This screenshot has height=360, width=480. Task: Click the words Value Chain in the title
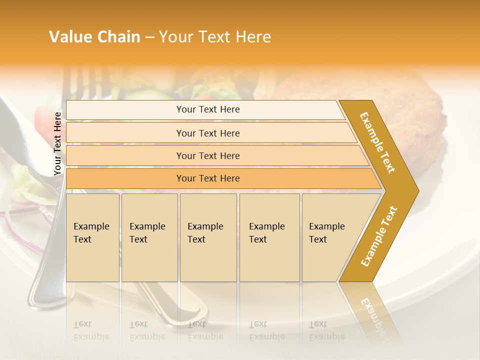94,37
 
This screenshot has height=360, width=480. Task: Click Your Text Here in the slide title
214,37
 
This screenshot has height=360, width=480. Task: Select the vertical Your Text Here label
57,143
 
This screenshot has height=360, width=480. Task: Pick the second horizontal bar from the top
208,133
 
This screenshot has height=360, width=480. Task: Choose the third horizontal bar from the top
208,155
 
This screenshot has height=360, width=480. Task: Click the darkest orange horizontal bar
208,178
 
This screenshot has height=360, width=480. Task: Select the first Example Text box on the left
92,237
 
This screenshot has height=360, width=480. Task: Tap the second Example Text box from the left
149,237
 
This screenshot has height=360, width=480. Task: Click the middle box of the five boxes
208,237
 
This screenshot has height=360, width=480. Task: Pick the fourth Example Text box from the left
269,237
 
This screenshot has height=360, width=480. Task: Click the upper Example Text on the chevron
377,143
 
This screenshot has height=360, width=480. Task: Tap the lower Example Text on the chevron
379,236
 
